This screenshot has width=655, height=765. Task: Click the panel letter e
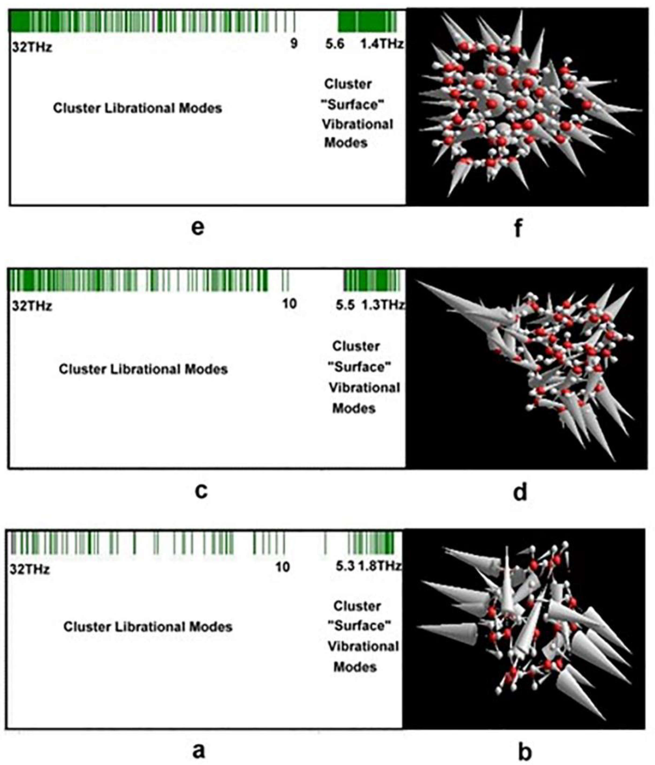(x=198, y=228)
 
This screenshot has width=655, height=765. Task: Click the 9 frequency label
(x=294, y=44)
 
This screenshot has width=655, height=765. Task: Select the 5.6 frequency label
(x=335, y=44)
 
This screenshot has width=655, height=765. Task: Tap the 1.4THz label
(x=382, y=44)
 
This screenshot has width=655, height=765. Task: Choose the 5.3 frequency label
(x=345, y=566)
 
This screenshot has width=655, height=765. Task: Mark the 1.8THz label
(x=380, y=566)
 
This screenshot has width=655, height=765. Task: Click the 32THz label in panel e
(x=32, y=47)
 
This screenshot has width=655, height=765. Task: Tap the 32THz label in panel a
(x=30, y=569)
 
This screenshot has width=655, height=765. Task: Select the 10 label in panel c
(x=289, y=304)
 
